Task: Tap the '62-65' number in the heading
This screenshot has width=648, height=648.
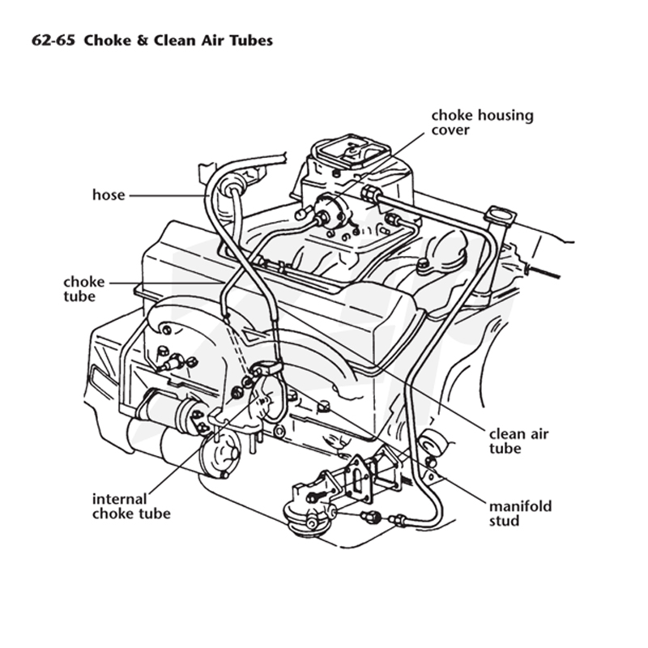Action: (x=53, y=40)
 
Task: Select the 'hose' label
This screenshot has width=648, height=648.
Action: (x=109, y=194)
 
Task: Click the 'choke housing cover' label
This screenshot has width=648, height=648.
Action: (x=482, y=122)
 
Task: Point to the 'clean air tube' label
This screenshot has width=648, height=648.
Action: (x=518, y=441)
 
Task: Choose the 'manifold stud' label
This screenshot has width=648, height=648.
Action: (x=520, y=514)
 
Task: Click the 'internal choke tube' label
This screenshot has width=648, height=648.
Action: (x=131, y=506)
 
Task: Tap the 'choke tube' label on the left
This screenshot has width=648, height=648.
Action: (x=84, y=289)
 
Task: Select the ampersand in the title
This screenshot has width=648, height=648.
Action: (x=143, y=40)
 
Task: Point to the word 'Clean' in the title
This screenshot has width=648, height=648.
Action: (x=175, y=40)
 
